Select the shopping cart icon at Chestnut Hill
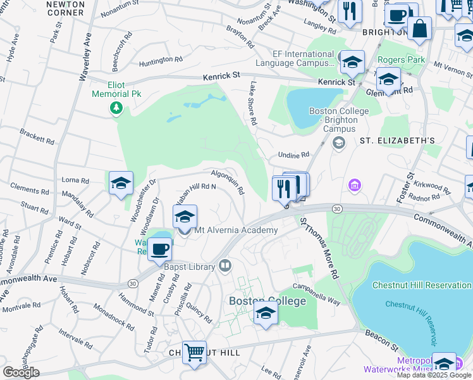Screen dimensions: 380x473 (x=194, y=350)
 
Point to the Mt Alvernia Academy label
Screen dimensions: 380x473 (x=236, y=230)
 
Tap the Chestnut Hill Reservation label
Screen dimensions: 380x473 (x=422, y=285)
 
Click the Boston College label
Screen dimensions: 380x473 (x=267, y=301)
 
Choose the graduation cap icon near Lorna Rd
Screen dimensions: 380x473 (x=121, y=183)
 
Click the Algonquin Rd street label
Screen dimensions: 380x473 (x=228, y=182)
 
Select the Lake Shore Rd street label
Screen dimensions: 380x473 (x=253, y=103)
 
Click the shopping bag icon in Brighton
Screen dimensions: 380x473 (x=419, y=28)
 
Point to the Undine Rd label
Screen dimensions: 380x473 (x=293, y=155)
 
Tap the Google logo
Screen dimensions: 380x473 (x=21, y=372)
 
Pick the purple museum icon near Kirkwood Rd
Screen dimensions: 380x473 (x=353, y=186)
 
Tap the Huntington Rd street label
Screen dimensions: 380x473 (x=161, y=60)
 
